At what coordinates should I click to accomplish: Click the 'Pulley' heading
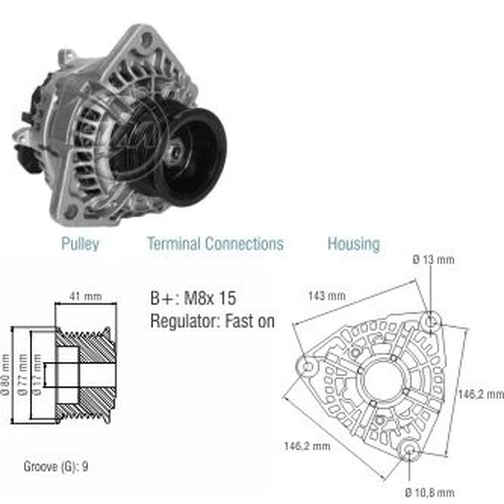[80, 243]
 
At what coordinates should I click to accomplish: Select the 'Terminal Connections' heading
[215, 243]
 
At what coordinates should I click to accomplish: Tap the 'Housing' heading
[354, 243]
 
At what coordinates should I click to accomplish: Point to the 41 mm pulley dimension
[86, 296]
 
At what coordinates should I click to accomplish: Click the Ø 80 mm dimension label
[6, 375]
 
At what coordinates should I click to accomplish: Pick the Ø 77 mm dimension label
[23, 375]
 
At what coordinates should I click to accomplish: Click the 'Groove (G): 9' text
[56, 467]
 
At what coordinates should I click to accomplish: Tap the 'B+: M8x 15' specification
[193, 298]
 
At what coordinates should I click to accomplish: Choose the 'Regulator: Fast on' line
[213, 321]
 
